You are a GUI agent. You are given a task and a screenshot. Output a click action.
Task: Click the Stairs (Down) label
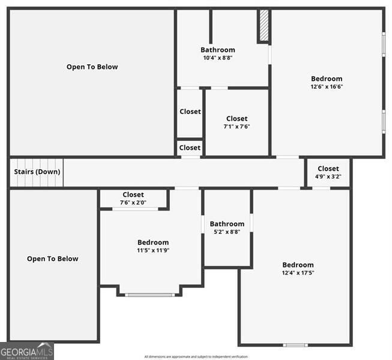point(37,172)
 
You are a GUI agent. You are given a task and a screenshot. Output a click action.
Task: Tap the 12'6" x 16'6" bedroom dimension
point(327,86)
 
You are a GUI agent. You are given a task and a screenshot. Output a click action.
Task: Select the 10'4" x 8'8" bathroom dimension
point(218,58)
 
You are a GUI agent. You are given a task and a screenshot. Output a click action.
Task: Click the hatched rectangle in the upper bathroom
point(263,26)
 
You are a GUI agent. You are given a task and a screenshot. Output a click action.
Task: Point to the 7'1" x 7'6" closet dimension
point(237,127)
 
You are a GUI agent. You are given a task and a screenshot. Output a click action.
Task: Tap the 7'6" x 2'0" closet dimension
point(133,202)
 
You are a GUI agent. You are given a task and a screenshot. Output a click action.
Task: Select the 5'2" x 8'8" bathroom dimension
point(227,232)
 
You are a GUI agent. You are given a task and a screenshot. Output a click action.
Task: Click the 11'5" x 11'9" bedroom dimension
point(153,250)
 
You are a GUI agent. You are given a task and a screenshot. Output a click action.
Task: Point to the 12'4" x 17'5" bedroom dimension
point(298,272)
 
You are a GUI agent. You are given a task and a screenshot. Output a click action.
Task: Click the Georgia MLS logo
point(27,351)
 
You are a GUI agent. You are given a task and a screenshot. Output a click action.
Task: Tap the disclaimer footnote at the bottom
point(196,356)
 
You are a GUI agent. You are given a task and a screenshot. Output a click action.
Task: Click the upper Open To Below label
point(92,67)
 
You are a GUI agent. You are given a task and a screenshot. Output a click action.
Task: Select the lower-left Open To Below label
point(52,259)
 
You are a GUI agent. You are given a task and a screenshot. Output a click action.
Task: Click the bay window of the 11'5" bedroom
point(150,295)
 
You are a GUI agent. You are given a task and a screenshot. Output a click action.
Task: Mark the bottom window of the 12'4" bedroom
point(295,345)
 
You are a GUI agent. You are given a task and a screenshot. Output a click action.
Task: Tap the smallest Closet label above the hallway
point(190,148)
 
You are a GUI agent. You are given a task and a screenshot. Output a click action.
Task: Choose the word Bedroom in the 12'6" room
point(327,79)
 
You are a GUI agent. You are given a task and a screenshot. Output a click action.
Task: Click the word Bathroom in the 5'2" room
point(227,224)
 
